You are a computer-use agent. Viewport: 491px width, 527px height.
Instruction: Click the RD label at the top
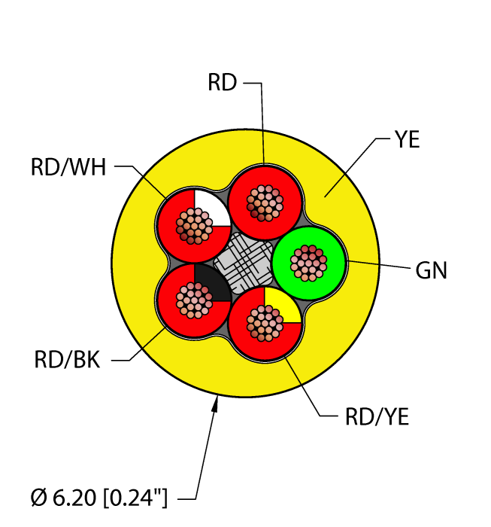click(223, 84)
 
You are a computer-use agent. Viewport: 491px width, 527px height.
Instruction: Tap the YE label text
click(407, 139)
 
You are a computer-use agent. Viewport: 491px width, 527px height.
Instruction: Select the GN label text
click(431, 270)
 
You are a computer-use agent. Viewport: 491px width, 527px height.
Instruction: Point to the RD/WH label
click(68, 166)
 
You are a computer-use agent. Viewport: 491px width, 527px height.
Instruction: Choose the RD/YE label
click(377, 417)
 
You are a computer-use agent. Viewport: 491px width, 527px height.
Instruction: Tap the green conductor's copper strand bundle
click(308, 262)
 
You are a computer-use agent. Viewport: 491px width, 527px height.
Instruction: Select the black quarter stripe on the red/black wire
click(211, 282)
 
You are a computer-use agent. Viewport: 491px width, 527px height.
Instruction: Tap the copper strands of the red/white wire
click(192, 225)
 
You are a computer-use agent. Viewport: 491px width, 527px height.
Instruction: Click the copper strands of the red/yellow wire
click(265, 324)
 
